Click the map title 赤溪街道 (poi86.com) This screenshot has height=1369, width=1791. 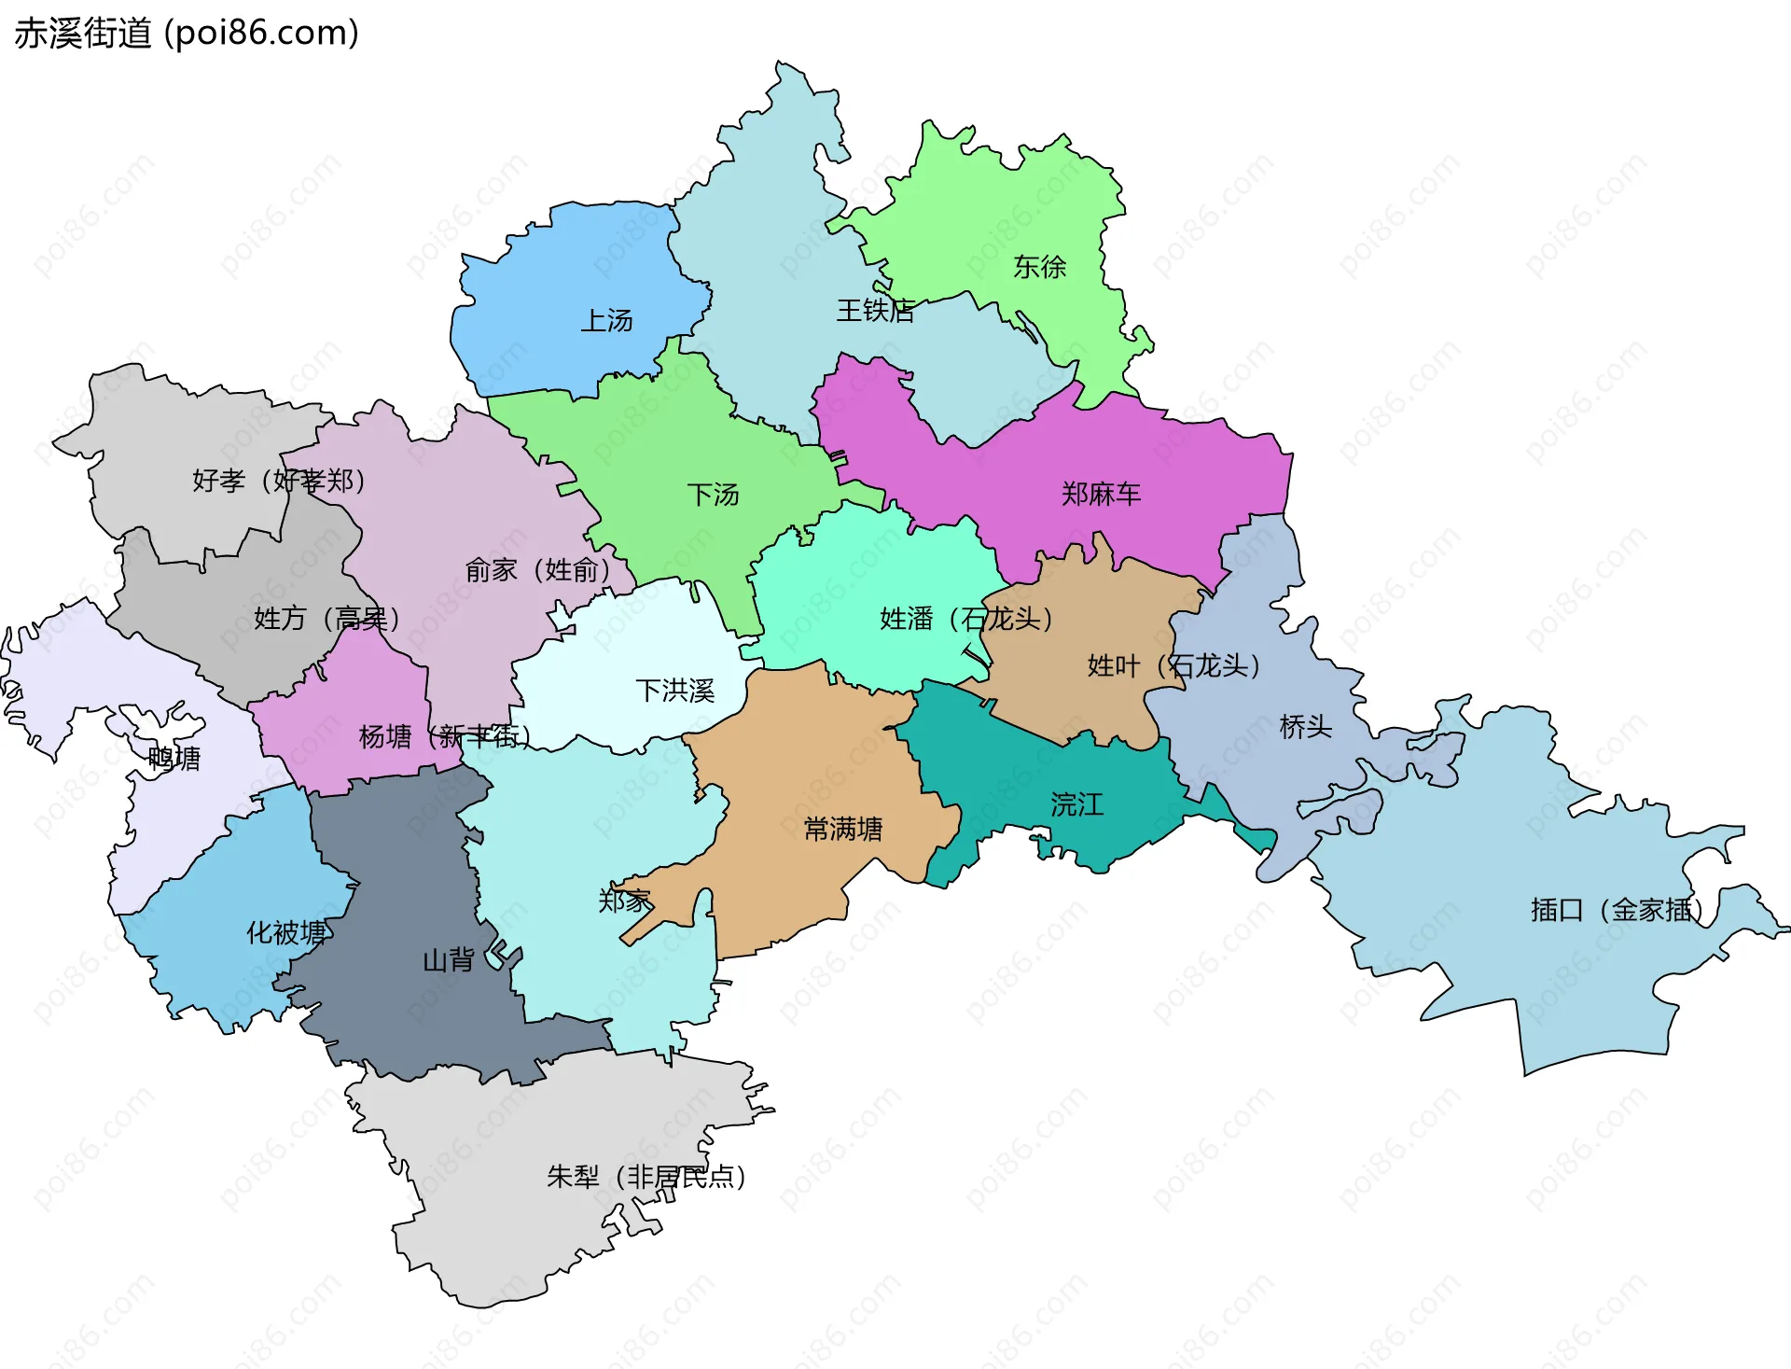coord(187,34)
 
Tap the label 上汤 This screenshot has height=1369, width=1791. coord(606,321)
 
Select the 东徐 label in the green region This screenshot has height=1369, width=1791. coord(1039,268)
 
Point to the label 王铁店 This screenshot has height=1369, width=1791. coord(874,311)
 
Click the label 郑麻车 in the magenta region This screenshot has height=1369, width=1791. coord(1101,494)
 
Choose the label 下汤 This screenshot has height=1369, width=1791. coord(713,495)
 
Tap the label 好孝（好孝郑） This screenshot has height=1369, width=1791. coord(279,481)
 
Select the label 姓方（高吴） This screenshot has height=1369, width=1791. coord(326,618)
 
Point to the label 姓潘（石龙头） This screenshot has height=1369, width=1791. coord(966,619)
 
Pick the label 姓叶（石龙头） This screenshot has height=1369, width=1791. coord(1173,665)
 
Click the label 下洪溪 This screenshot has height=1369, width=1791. coord(674,691)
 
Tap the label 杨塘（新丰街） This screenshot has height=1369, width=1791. coord(445,737)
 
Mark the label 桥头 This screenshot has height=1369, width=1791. coord(1305,727)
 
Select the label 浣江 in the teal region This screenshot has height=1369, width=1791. coord(1076,804)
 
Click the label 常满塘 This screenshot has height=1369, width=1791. coord(842,829)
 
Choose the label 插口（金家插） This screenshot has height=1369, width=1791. coord(1617,910)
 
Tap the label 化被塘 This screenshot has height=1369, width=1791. coord(286,932)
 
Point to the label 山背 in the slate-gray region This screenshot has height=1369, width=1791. coord(449,960)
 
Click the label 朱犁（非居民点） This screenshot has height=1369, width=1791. coord(646,1177)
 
